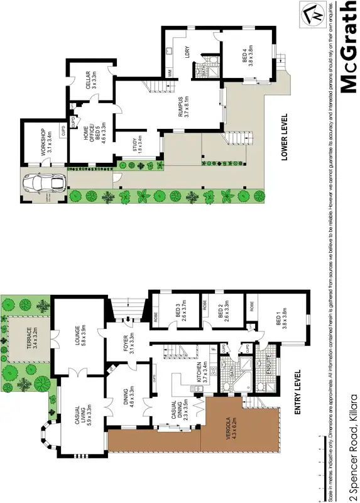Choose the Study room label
click(x=138, y=146)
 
